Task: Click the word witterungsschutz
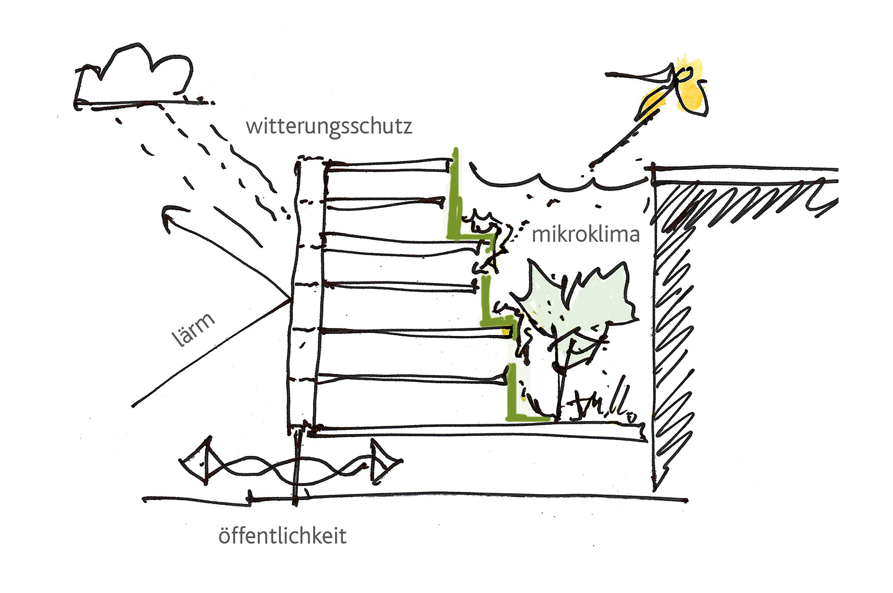tap(328, 126)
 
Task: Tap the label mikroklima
tap(585, 234)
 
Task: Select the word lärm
tap(193, 330)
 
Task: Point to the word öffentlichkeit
tap(282, 536)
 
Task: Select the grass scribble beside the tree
tap(604, 403)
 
